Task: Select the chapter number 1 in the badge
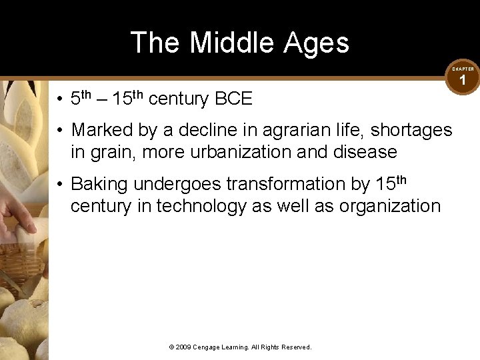point(463,81)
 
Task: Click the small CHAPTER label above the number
point(463,69)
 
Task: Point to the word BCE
point(233,99)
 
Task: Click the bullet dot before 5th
point(60,100)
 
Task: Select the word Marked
point(103,129)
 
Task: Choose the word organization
point(390,206)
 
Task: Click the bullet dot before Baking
point(60,184)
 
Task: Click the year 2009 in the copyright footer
point(183,347)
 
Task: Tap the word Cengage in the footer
point(208,347)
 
